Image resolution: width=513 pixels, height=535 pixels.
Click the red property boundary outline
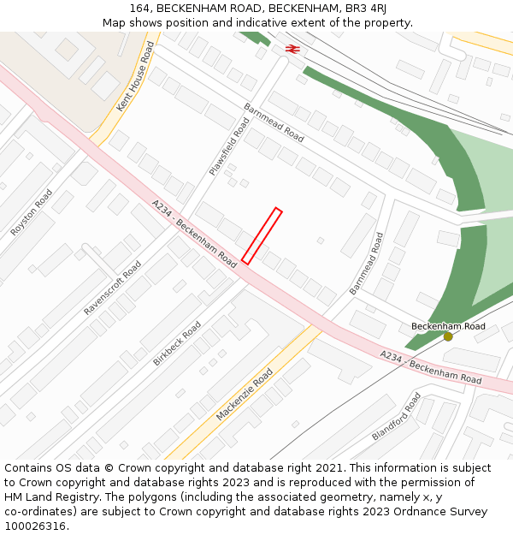click(x=262, y=235)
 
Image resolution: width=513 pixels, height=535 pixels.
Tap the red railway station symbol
click(x=292, y=50)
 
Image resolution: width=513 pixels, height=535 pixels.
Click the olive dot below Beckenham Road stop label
click(x=448, y=336)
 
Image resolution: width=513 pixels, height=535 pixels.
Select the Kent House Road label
click(x=136, y=78)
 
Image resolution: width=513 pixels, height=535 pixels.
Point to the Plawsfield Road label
click(x=230, y=147)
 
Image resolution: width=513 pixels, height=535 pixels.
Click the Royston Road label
click(x=32, y=212)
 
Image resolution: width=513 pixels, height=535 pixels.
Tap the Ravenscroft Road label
click(x=113, y=288)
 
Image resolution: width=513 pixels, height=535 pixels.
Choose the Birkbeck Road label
click(x=177, y=344)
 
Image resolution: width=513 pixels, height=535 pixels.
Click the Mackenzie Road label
click(x=245, y=394)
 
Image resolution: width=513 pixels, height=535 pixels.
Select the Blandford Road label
click(x=397, y=416)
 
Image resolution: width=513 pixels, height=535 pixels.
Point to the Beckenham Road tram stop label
click(x=448, y=326)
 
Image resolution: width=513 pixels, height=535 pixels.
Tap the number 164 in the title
click(x=141, y=8)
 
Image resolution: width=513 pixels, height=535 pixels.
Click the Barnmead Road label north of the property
click(x=274, y=122)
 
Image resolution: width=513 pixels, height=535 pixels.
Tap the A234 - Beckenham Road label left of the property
click(x=194, y=234)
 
